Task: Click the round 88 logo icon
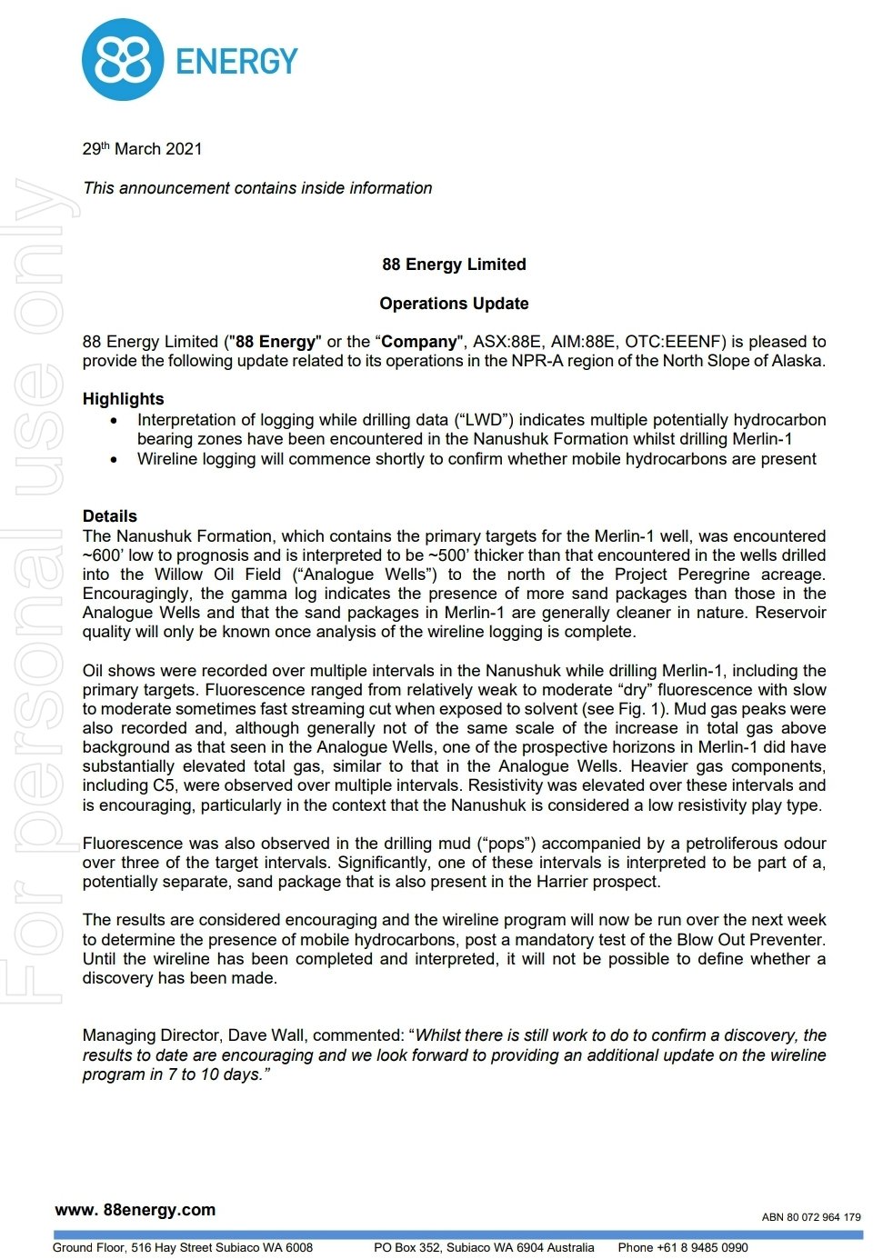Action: coord(122,60)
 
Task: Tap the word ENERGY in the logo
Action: coord(236,62)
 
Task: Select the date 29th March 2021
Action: coord(142,149)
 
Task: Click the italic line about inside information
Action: coord(257,188)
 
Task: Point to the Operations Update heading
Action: coord(454,304)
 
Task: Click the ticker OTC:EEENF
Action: coord(675,342)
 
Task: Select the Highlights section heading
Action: coord(123,399)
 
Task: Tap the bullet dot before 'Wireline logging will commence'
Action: coord(114,460)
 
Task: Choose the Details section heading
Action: coord(109,516)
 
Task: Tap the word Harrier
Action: coord(583,882)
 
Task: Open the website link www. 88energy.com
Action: coord(135,1210)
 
